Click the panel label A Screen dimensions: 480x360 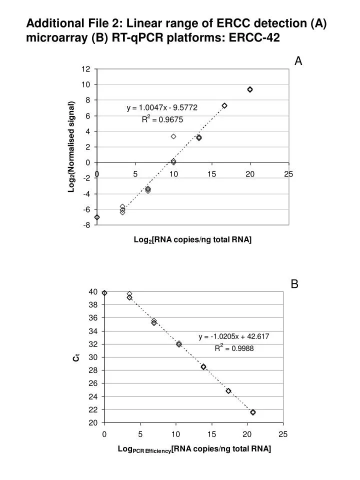tap(298, 61)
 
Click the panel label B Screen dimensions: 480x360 tap(294, 284)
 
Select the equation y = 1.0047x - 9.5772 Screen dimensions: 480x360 tap(161, 107)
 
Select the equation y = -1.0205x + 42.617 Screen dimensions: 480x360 tap(233, 336)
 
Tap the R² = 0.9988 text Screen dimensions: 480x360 tap(234, 348)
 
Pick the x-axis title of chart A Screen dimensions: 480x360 tap(192, 240)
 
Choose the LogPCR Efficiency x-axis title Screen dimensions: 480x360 tap(194, 449)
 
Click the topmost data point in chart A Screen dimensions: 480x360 tap(250, 89)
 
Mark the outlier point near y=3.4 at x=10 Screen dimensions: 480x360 tap(173, 136)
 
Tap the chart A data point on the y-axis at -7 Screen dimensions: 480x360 tap(97, 217)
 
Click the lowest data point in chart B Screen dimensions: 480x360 tap(253, 412)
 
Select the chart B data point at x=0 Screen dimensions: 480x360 tap(104, 293)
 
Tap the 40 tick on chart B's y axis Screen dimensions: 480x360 tap(93, 292)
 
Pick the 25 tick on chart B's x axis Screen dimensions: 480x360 tap(283, 433)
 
